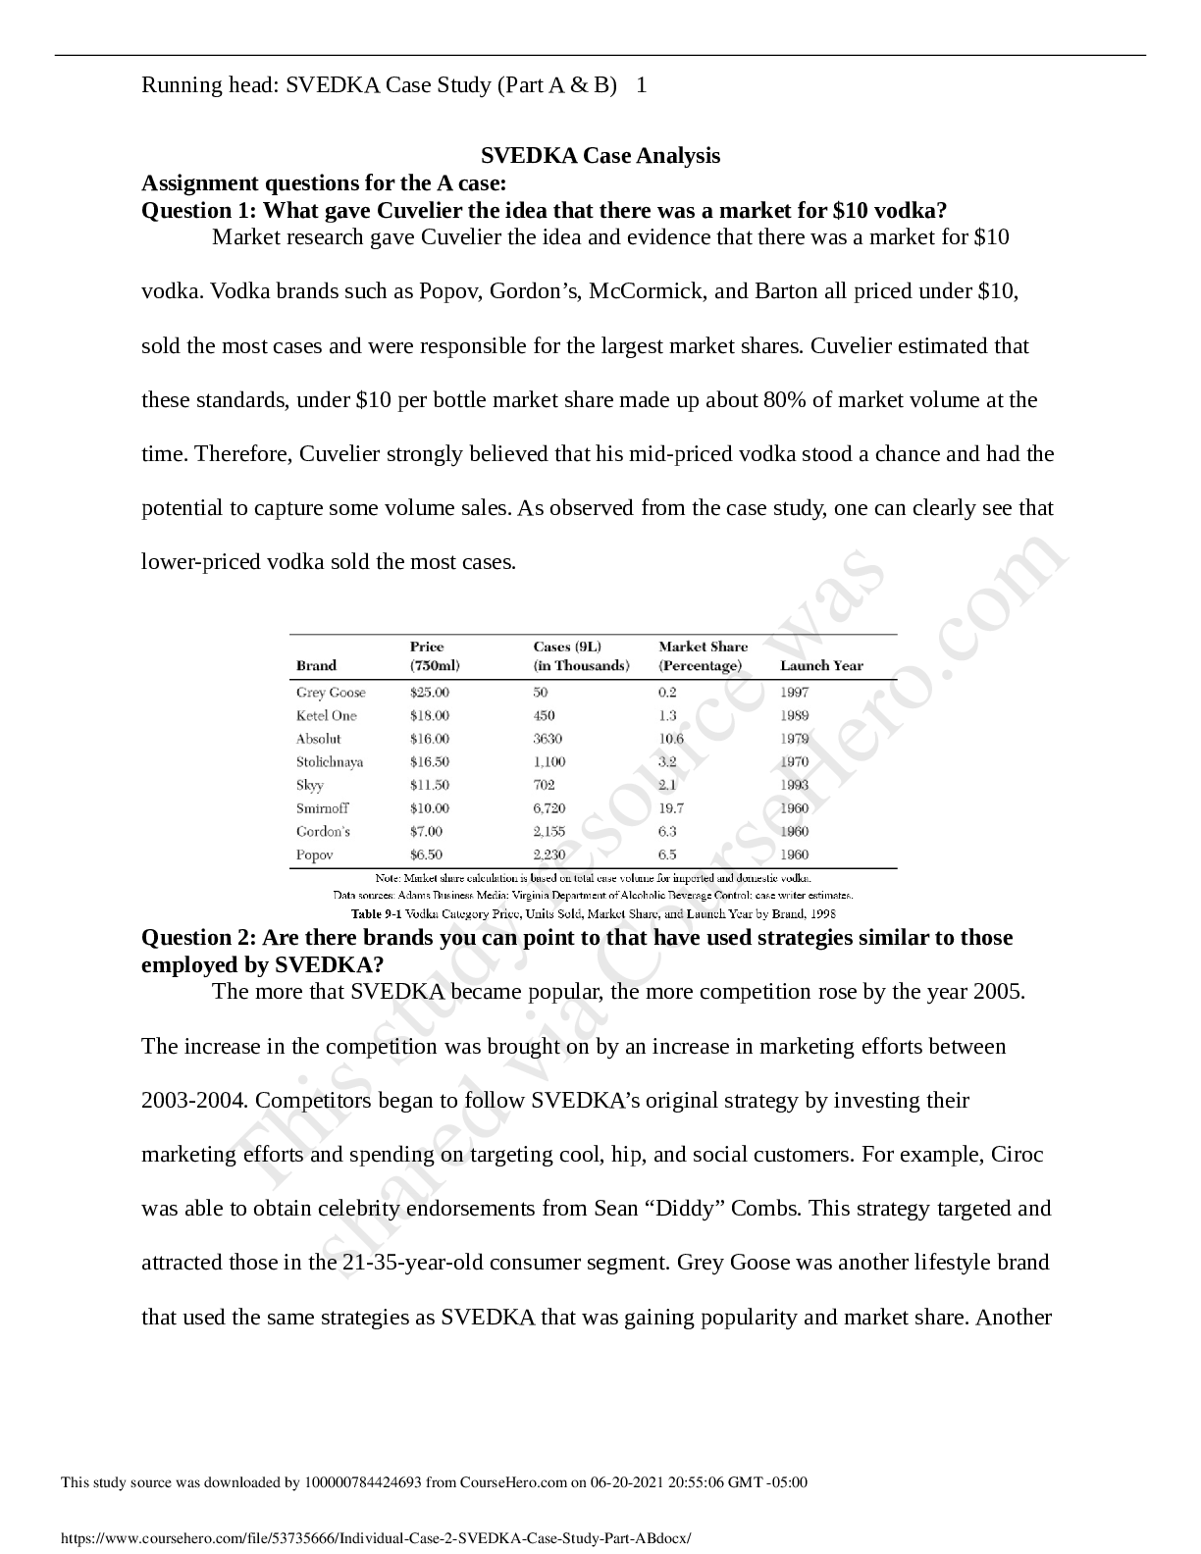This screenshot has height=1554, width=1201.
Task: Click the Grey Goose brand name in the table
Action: click(331, 693)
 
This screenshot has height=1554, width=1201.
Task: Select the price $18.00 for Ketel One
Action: click(429, 716)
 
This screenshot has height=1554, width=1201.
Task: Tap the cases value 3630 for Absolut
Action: click(548, 739)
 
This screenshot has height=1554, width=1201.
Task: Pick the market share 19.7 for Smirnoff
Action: click(671, 808)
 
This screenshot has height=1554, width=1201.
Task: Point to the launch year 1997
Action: click(794, 693)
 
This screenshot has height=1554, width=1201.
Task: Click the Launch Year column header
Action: click(821, 666)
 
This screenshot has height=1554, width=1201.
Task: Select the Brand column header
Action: click(316, 666)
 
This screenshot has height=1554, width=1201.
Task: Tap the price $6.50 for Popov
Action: click(426, 855)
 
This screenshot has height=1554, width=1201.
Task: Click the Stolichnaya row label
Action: click(330, 762)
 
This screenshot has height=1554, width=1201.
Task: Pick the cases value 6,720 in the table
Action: click(549, 808)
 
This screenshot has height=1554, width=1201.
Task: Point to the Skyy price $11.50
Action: click(429, 785)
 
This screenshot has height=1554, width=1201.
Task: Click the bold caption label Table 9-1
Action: click(377, 913)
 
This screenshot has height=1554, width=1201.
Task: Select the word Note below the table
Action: click(388, 878)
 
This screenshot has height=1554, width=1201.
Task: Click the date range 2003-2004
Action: click(193, 1101)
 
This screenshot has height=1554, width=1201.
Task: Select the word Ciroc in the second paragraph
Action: click(1017, 1155)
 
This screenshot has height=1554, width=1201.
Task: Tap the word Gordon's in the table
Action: click(323, 832)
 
